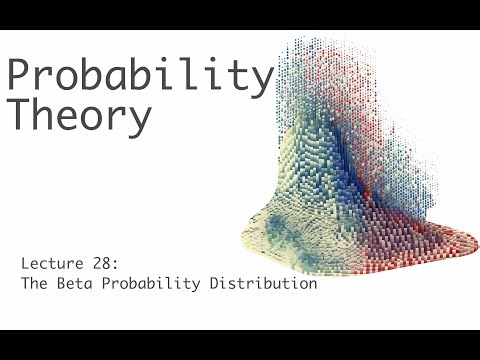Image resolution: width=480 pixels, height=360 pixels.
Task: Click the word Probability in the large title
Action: click(x=140, y=78)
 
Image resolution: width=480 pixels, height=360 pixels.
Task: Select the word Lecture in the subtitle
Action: click(x=47, y=264)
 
